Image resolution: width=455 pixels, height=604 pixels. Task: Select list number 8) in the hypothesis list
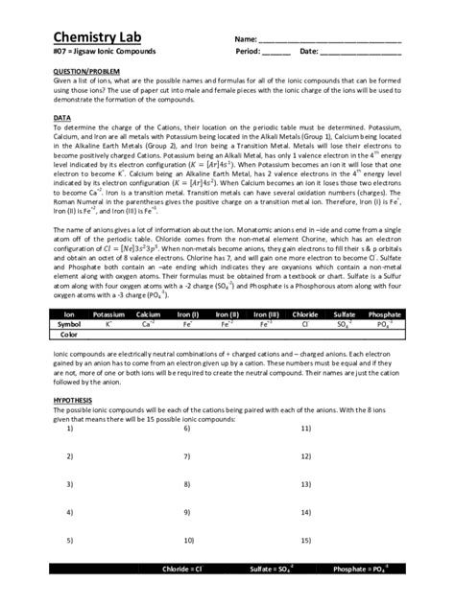pos(186,484)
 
